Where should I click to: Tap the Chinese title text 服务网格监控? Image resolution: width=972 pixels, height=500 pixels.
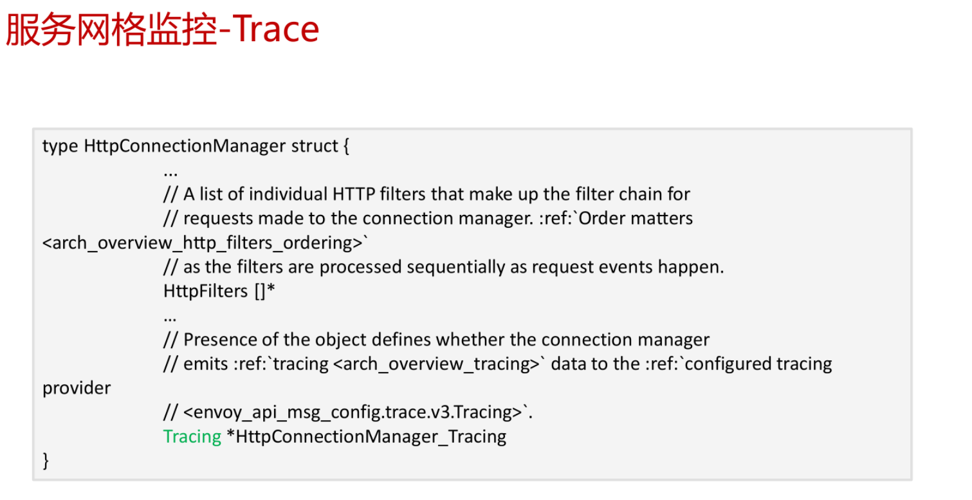(111, 30)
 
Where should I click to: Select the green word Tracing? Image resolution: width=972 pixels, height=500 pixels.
(192, 437)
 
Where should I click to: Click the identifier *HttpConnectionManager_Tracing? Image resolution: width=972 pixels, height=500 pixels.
(367, 437)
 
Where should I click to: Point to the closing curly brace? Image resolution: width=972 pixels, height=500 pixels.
(46, 461)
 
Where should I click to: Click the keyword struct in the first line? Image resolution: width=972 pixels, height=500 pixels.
(315, 146)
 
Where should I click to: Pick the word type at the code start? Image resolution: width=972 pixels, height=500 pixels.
(60, 147)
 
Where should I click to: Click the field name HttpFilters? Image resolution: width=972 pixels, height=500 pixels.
(205, 292)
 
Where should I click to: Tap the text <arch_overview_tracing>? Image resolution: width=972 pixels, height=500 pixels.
(436, 364)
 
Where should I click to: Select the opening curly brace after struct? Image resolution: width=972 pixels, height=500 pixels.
(346, 146)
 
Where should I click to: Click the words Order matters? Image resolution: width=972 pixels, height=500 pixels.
(636, 218)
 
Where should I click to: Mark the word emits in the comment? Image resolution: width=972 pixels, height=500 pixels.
(206, 364)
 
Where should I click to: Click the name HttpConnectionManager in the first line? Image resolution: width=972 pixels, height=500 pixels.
(185, 146)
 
